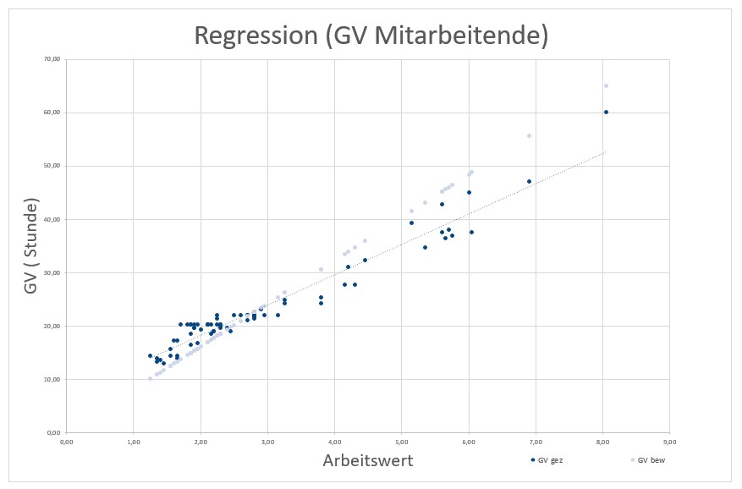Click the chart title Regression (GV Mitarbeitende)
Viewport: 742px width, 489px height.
pos(371,36)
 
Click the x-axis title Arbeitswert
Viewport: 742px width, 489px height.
pos(367,460)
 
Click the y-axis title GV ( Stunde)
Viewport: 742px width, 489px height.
pos(31,246)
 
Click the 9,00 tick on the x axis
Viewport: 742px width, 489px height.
pos(669,441)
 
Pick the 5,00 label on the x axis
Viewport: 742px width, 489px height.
pos(401,441)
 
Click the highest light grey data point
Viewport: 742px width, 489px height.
pos(606,85)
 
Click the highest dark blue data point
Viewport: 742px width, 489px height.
pos(606,112)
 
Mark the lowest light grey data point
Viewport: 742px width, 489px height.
pos(150,378)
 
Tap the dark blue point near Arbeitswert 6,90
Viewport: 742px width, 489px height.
pos(529,181)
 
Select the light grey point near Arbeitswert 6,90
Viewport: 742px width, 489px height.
pos(529,135)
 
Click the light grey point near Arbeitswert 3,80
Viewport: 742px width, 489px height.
pos(321,269)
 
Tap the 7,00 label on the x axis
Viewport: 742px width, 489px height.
pos(536,441)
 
